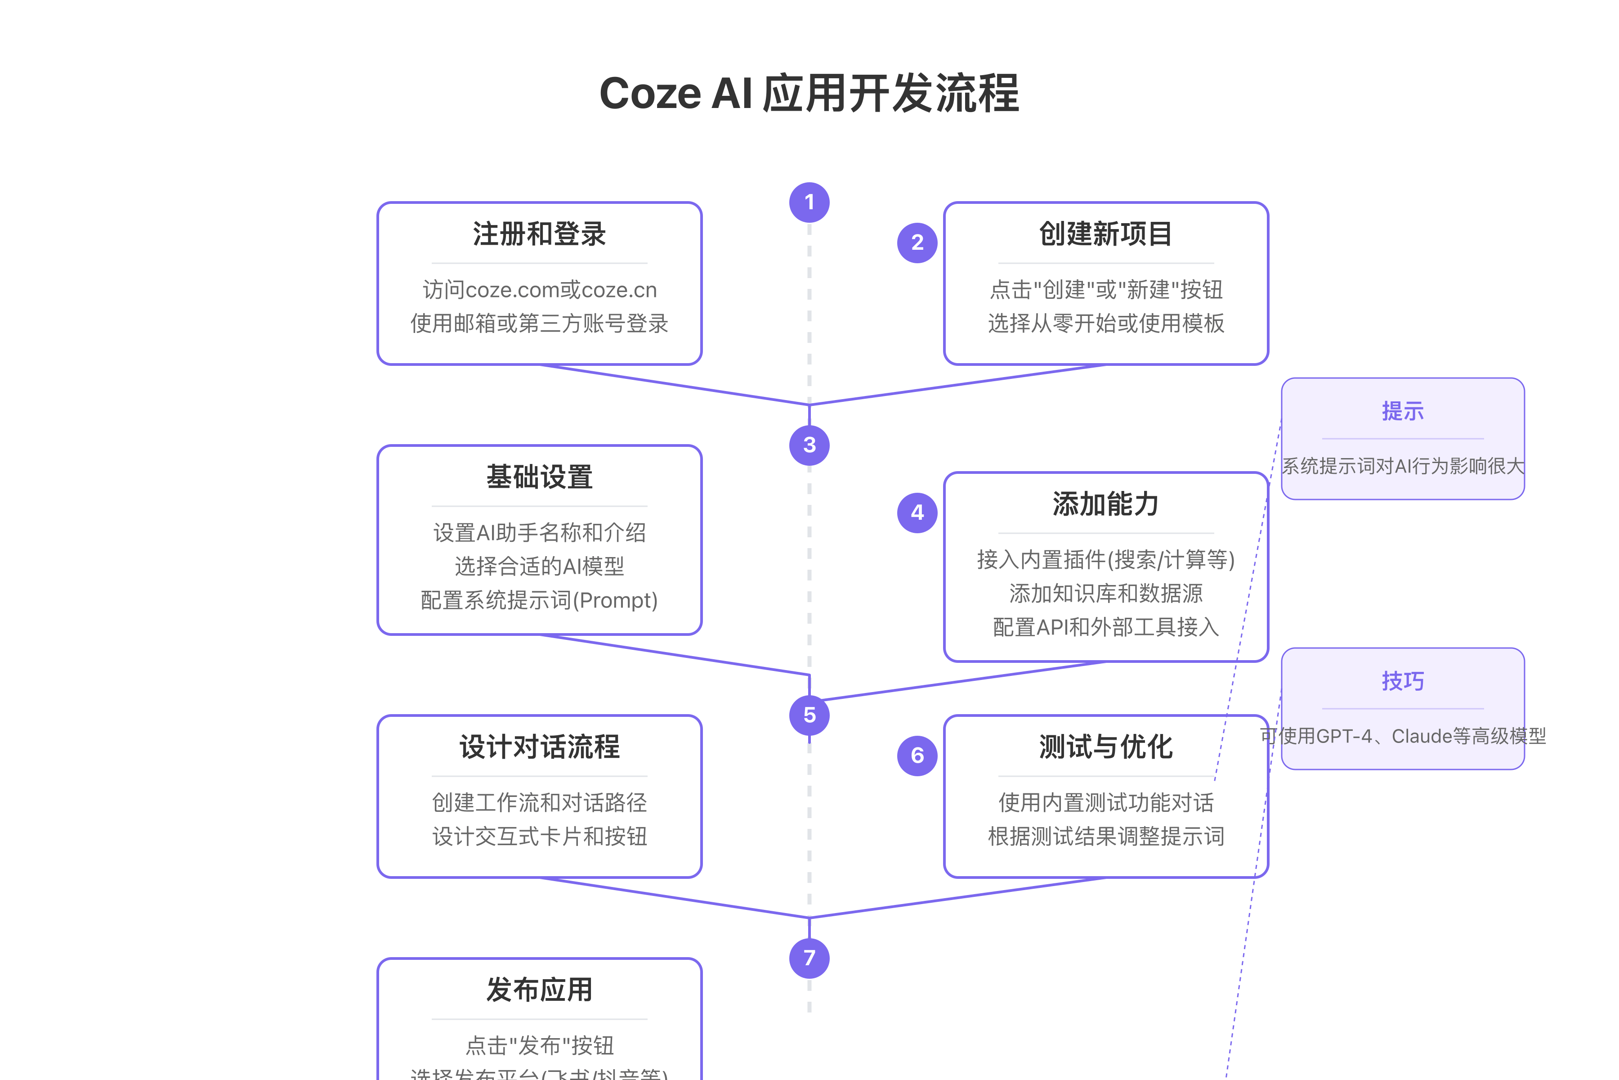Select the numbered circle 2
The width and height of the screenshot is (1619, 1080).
917,243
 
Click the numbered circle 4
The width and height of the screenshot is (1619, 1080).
917,513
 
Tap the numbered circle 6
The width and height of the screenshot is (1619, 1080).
917,756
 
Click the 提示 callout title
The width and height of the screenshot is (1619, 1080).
1402,411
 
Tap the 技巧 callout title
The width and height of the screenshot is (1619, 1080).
1402,681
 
